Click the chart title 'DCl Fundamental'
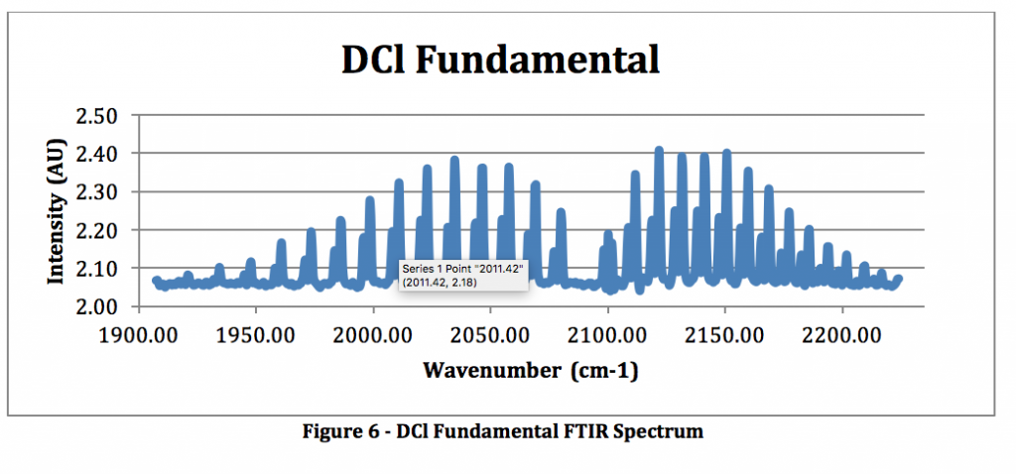click(500, 60)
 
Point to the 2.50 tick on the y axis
click(97, 116)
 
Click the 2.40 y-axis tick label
click(97, 154)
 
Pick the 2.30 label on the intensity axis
click(97, 192)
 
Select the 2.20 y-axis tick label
click(97, 230)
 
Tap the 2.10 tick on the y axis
click(97, 269)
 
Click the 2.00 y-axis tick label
click(97, 306)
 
